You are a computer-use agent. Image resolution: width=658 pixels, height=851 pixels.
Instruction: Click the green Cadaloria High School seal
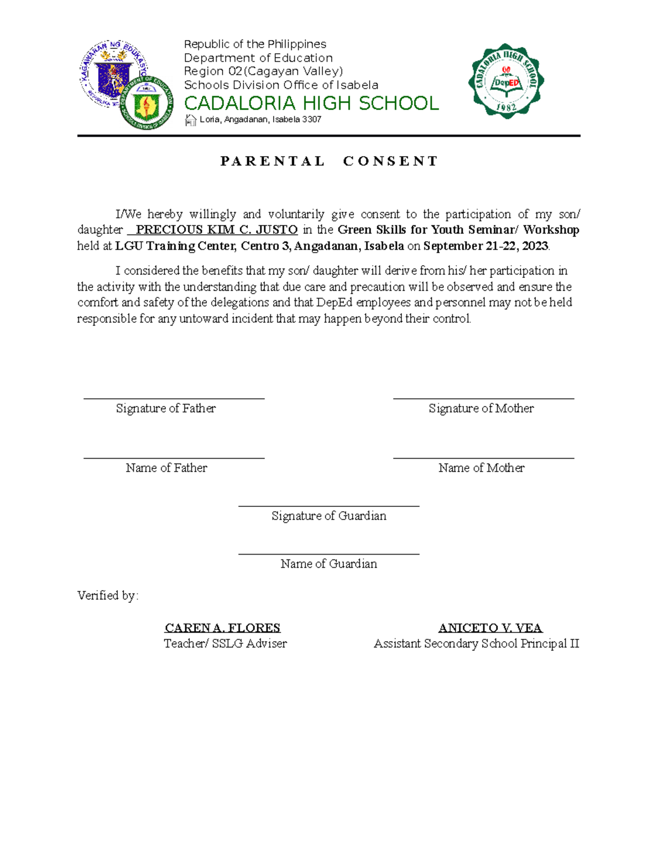coord(506,81)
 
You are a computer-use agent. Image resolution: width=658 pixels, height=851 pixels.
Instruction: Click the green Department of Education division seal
coord(146,102)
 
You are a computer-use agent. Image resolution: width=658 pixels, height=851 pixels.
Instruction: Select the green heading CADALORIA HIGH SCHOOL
coord(311,103)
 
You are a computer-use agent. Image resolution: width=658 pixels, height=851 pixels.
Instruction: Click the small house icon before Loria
coord(190,120)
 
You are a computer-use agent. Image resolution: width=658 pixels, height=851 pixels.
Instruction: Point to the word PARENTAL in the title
coord(273,161)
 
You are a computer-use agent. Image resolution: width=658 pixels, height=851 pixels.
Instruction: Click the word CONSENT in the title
coord(390,161)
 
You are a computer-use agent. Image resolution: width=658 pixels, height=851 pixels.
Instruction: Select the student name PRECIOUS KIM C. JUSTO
coord(216,230)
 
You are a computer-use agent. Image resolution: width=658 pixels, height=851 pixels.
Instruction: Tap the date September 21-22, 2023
coord(485,246)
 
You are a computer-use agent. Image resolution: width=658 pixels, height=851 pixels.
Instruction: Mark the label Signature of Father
coord(166,408)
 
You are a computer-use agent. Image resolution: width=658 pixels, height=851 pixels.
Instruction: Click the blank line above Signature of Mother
coord(483,398)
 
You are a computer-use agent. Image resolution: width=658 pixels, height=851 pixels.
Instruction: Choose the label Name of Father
coord(166,468)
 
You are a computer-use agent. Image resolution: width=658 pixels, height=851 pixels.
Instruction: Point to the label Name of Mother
coord(481,468)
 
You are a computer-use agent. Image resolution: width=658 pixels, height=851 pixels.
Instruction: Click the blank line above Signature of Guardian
coord(328,506)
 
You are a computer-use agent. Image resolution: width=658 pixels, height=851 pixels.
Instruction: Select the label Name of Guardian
coord(328,564)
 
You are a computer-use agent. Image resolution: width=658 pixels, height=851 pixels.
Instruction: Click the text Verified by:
coord(108,596)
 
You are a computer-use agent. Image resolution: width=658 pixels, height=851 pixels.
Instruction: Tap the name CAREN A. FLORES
coord(223,628)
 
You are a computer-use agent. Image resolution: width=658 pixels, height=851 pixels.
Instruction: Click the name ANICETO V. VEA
coord(490,628)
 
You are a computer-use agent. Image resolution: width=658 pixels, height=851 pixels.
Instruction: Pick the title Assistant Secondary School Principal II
coord(476,644)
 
